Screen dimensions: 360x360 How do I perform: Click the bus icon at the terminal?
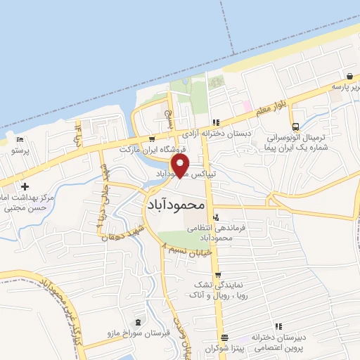click(x=296, y=127)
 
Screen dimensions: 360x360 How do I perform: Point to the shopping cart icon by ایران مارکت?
click(x=153, y=139)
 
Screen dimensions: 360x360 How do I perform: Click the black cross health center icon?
click(x=25, y=187)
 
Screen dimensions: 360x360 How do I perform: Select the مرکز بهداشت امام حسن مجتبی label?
click(x=25, y=202)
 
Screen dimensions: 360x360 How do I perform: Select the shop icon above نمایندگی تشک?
click(x=218, y=275)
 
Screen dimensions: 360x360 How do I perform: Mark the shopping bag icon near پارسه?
click(x=349, y=76)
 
